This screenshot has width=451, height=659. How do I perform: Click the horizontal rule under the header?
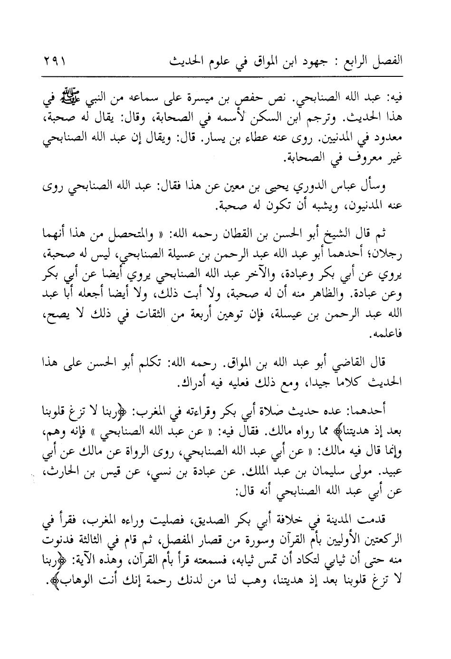[x=225, y=77]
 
